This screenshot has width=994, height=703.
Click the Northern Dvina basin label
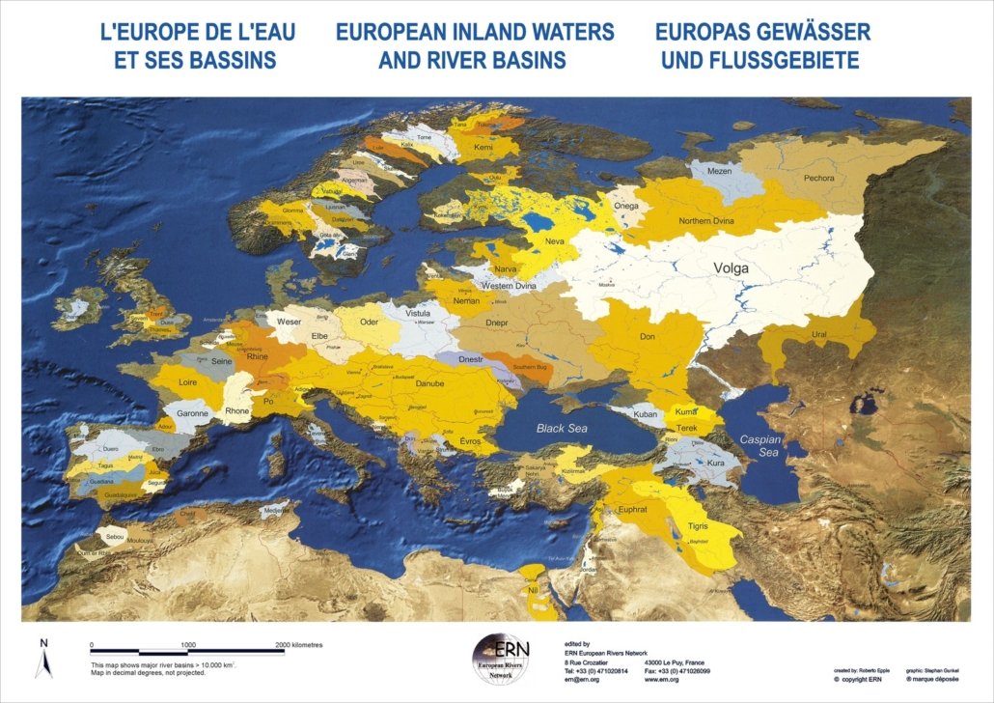click(708, 221)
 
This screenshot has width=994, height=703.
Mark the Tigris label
click(697, 526)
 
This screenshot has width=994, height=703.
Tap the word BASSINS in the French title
click(217, 60)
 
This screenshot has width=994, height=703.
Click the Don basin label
click(648, 336)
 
